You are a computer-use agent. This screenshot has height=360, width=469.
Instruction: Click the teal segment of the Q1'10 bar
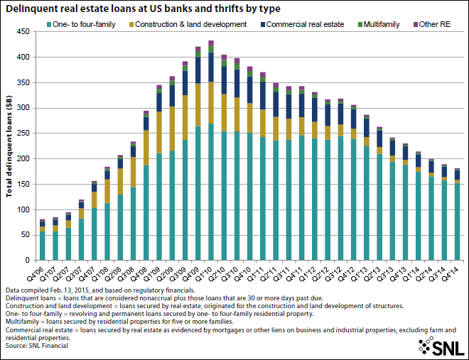tap(211, 192)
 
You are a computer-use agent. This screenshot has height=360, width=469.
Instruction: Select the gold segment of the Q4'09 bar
tap(198, 104)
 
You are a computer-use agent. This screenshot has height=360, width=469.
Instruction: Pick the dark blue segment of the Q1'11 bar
tap(263, 96)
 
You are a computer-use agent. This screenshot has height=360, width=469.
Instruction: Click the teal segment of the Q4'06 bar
tap(43, 246)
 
